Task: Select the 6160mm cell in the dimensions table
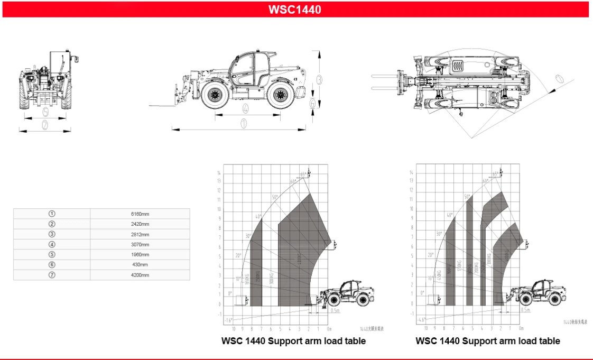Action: click(x=140, y=214)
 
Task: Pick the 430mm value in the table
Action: click(x=140, y=265)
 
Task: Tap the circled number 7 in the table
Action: click(x=52, y=275)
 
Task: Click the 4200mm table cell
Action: click(x=140, y=275)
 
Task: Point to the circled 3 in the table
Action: click(x=52, y=234)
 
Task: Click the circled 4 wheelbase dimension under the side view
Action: click(x=246, y=109)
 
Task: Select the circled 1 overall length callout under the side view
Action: click(x=244, y=124)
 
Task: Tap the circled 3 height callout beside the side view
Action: click(x=319, y=79)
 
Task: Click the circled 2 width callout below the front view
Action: click(x=45, y=125)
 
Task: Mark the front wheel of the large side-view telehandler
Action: click(x=215, y=95)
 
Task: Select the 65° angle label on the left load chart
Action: click(x=303, y=174)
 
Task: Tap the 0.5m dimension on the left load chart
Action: click(x=335, y=311)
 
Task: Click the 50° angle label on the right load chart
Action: click(x=467, y=197)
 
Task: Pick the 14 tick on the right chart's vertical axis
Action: click(x=411, y=172)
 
